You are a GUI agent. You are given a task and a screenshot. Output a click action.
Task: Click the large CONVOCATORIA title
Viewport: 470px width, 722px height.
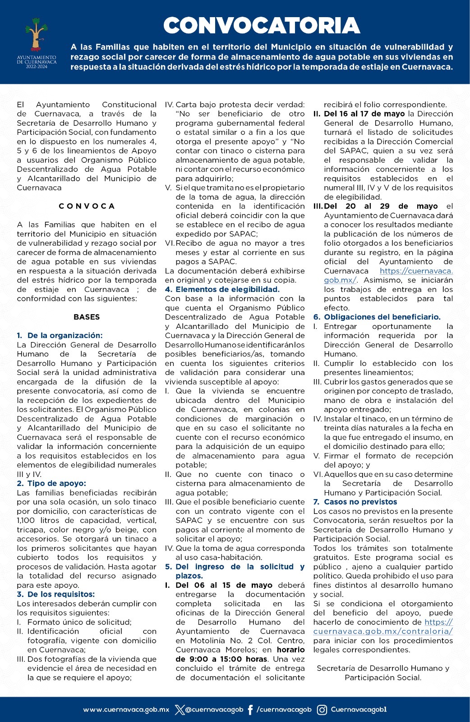261,26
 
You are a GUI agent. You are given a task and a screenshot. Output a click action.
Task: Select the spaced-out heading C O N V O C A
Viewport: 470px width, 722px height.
87,206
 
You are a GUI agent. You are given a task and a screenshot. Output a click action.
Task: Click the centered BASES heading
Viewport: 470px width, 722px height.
87,317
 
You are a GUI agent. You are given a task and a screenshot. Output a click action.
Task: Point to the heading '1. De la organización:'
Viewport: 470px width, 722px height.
60,335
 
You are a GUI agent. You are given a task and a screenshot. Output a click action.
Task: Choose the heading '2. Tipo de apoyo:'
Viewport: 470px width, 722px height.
51,483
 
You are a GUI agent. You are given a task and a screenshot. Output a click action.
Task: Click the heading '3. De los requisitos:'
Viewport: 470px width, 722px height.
56,594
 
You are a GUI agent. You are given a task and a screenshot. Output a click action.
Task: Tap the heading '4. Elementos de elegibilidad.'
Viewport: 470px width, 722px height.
222,289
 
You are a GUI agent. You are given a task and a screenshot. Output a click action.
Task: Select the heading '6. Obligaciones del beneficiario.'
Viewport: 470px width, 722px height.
377,317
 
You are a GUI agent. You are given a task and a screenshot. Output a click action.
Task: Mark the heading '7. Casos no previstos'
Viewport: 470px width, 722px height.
355,502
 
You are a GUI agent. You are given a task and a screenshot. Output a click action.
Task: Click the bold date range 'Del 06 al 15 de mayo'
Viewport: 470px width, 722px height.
224,585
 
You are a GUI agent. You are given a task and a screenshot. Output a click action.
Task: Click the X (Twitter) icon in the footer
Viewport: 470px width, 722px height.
180,710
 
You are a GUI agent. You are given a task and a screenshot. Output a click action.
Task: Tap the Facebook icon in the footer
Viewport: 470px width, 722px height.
251,710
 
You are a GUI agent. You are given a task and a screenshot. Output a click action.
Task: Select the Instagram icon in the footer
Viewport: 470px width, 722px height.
322,710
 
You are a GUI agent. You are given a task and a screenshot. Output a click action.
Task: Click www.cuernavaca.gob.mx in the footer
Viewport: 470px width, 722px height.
126,710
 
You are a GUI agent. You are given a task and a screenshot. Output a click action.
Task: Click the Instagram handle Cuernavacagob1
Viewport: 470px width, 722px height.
359,710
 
